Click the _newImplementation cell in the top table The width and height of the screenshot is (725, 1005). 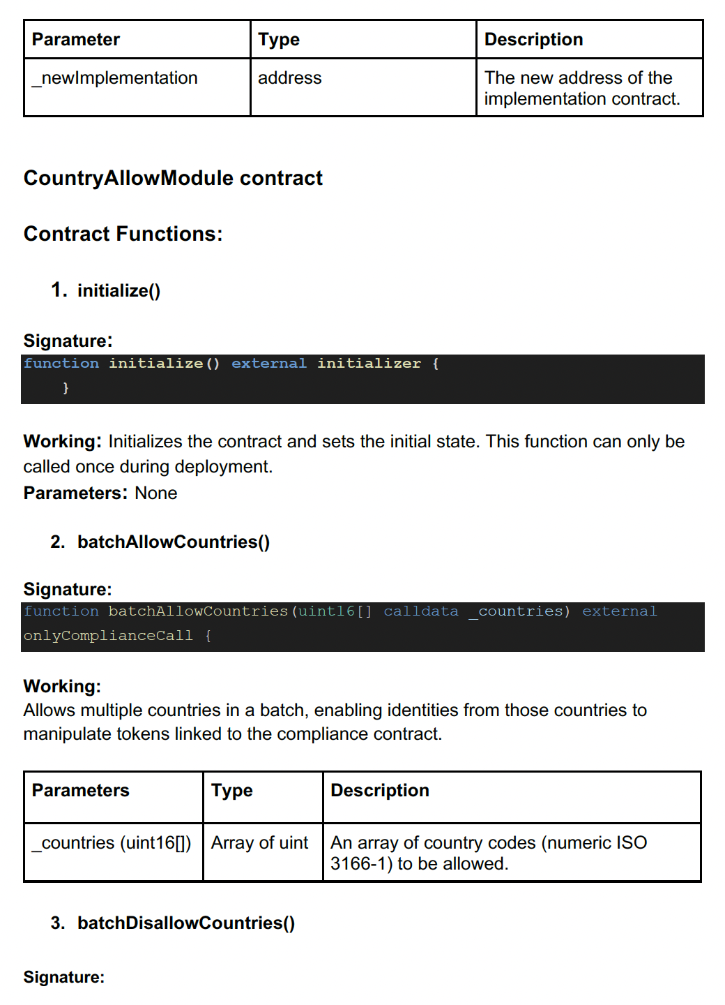click(x=115, y=78)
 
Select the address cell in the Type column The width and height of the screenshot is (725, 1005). click(x=290, y=78)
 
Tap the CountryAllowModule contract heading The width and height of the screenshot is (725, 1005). click(x=173, y=178)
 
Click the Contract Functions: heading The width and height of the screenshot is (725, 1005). click(x=123, y=234)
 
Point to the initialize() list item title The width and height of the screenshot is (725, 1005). click(x=119, y=290)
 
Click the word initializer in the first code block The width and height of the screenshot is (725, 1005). click(x=369, y=364)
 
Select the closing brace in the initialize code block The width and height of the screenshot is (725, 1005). click(x=66, y=388)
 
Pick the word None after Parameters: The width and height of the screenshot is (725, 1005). click(x=155, y=493)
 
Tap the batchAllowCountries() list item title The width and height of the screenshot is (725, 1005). click(x=174, y=542)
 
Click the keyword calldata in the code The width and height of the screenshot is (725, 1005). click(x=420, y=611)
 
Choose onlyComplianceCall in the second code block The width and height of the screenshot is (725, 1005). click(x=107, y=636)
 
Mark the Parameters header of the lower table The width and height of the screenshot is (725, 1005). click(x=81, y=791)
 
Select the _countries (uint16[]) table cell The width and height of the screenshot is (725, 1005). click(x=112, y=843)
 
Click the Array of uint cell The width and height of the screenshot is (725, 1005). click(x=259, y=843)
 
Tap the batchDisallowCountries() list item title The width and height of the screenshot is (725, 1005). click(x=186, y=923)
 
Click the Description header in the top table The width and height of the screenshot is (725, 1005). click(x=533, y=40)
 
